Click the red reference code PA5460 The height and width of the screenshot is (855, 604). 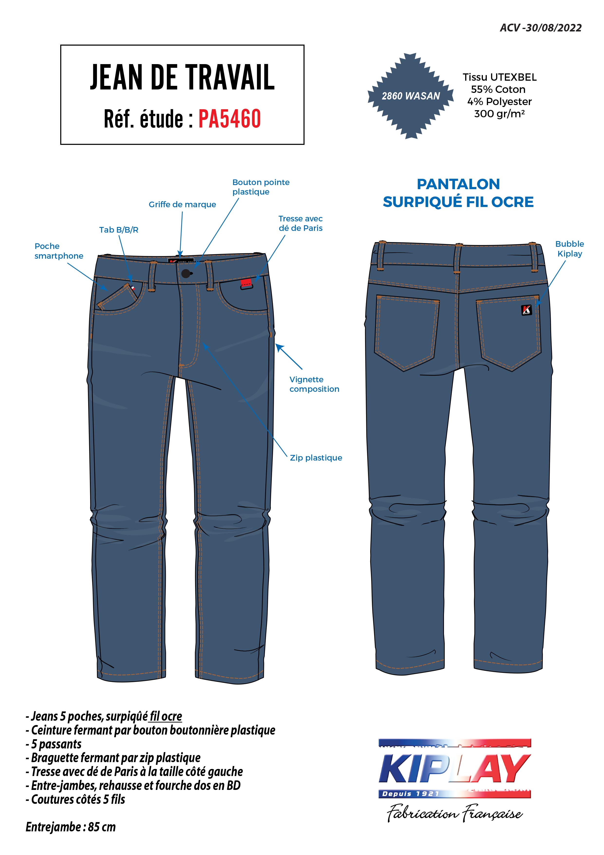[x=229, y=118]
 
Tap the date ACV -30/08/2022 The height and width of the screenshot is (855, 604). [x=540, y=28]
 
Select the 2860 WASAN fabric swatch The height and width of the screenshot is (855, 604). [x=411, y=96]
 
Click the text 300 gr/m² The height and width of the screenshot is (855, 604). [x=499, y=114]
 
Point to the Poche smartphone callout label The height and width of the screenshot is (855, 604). [x=59, y=251]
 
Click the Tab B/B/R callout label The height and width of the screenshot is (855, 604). [x=119, y=230]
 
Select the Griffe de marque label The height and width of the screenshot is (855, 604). [x=182, y=205]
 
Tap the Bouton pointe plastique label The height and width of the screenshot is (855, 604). [x=261, y=187]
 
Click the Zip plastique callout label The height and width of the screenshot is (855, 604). [x=316, y=458]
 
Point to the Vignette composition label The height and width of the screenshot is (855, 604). [x=314, y=384]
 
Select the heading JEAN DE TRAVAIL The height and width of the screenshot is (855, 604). [x=182, y=78]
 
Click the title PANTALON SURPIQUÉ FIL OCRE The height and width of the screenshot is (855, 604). [x=458, y=193]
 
